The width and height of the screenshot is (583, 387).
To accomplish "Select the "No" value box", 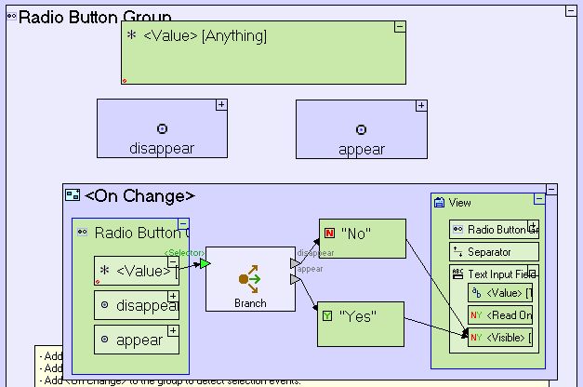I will pyautogui.click(x=362, y=238).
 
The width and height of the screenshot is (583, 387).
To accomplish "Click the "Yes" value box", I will pyautogui.click(x=362, y=323).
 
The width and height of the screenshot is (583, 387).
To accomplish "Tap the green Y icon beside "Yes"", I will pyautogui.click(x=327, y=316).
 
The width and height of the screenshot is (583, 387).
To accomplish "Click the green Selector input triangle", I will pyautogui.click(x=205, y=264).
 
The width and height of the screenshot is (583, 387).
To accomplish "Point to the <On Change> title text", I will pyautogui.click(x=139, y=195).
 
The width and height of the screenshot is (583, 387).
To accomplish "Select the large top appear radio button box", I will pyautogui.click(x=361, y=128).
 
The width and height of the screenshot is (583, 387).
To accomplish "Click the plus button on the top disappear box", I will pyautogui.click(x=221, y=105).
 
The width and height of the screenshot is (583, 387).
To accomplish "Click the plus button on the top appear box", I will pyautogui.click(x=420, y=105).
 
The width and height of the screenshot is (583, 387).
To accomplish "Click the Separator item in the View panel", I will pyautogui.click(x=493, y=251).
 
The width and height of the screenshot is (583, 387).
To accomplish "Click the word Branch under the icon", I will pyautogui.click(x=250, y=303).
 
